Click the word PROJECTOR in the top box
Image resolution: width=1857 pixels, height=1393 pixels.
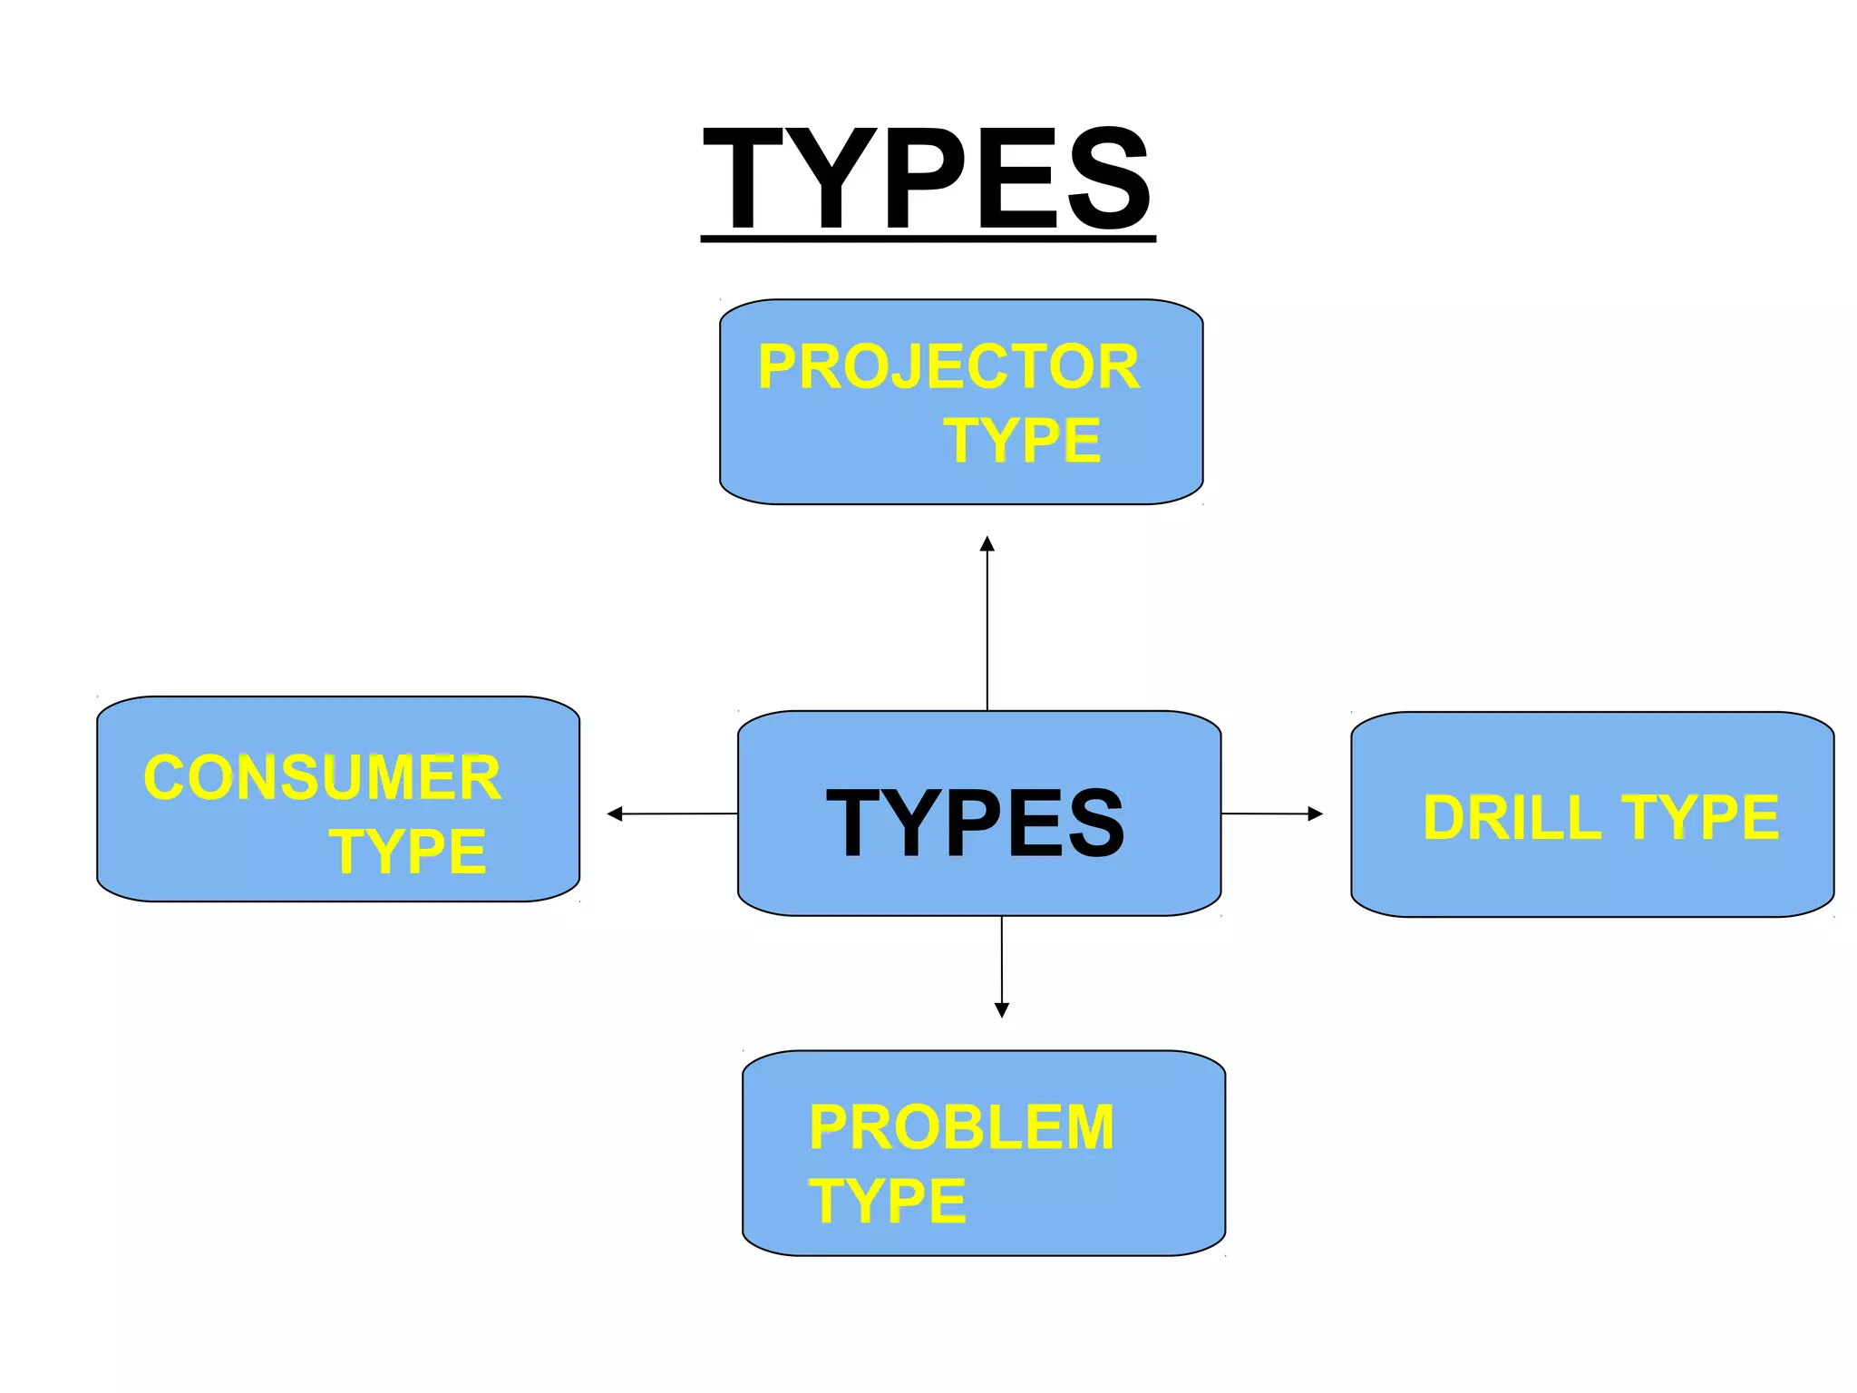coord(948,367)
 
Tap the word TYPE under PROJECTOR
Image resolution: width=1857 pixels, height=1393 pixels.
coord(1022,441)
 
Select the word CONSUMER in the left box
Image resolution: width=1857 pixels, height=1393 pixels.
coord(322,778)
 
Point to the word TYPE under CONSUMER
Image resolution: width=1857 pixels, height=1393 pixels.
coord(408,852)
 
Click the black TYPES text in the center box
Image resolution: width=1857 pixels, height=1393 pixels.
coord(975,823)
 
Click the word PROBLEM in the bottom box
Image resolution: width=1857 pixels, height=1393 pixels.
coord(961,1128)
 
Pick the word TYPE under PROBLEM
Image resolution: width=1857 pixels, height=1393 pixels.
coord(888,1202)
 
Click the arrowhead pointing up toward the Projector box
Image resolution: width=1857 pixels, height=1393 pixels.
coord(987,543)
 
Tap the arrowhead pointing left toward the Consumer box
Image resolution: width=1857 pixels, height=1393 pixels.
coord(615,813)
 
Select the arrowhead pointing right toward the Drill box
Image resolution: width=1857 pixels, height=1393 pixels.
coord(1316,813)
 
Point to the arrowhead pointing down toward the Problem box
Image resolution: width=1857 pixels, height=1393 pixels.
coord(1002,1010)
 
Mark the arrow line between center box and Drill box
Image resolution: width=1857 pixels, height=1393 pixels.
coord(1265,813)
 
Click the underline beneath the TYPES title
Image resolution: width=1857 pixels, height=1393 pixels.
coord(928,239)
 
